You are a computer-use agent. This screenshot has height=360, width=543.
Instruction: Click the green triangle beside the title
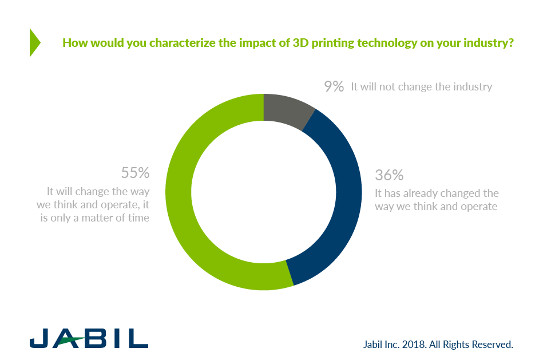tap(34, 42)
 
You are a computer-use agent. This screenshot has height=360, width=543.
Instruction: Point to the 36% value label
tap(389, 176)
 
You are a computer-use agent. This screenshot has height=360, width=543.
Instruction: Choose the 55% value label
tap(135, 173)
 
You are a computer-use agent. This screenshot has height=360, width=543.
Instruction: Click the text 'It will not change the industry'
tap(422, 87)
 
